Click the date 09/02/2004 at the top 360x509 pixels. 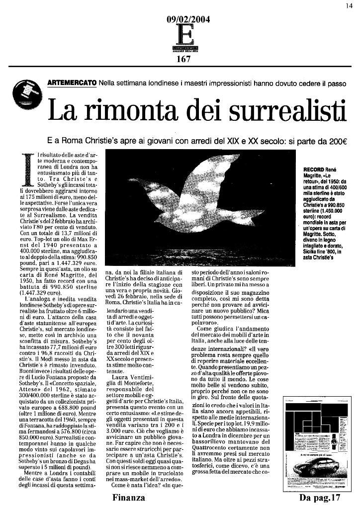(188, 20)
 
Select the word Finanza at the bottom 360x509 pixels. (129, 498)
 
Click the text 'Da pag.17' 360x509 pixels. (319, 498)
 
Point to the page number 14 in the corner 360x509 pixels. (350, 5)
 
